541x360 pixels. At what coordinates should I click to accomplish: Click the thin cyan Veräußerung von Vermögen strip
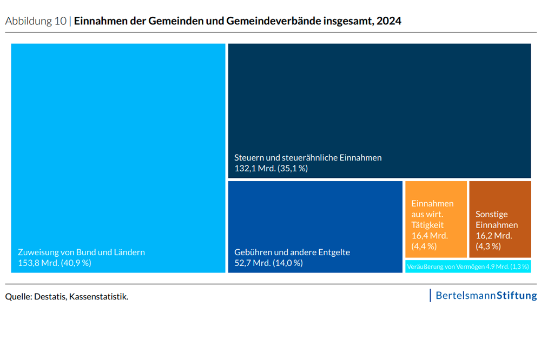point(468,266)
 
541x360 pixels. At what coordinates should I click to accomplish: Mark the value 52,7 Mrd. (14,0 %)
point(268,263)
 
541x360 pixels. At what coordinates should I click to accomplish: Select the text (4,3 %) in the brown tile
point(488,246)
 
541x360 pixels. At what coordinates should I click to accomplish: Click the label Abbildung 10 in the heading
point(36,21)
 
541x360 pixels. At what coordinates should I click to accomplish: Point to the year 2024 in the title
point(390,21)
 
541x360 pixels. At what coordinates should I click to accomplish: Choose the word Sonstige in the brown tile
point(491,214)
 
